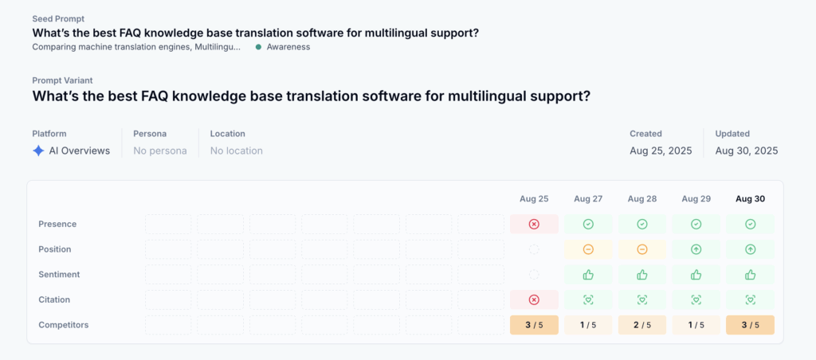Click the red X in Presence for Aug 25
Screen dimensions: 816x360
click(534, 225)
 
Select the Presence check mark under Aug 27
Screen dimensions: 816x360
click(588, 225)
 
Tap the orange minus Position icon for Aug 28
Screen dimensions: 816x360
click(642, 250)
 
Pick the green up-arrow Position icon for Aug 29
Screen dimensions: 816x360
click(696, 250)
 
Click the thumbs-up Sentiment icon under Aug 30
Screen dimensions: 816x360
click(750, 275)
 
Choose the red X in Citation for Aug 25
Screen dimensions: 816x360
click(534, 299)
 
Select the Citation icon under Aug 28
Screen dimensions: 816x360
click(642, 299)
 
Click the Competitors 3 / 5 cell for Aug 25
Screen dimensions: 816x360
click(534, 325)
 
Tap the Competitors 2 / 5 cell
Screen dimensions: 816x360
click(642, 325)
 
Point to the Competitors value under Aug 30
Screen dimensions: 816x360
click(750, 325)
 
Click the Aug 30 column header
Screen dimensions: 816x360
click(750, 199)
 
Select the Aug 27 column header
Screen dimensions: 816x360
click(588, 199)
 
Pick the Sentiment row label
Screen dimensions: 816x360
click(56, 275)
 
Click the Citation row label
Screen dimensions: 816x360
click(54, 299)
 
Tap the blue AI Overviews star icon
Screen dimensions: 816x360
click(38, 151)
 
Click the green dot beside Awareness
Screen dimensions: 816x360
click(258, 47)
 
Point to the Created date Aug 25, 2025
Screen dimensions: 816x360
click(661, 151)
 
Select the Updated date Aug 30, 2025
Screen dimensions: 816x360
click(747, 151)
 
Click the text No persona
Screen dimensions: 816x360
click(159, 151)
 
